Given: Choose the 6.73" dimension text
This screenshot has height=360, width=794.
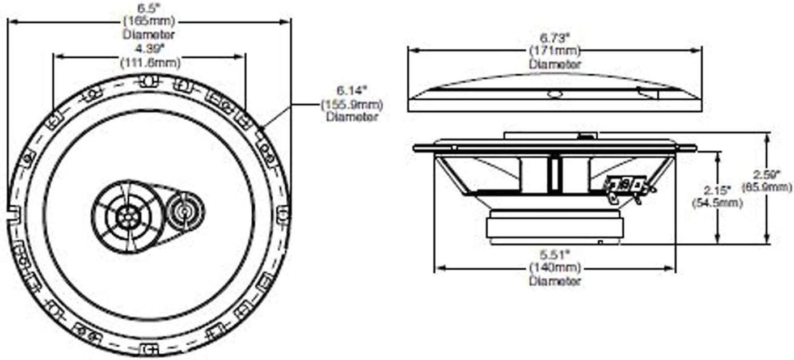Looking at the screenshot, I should tap(555, 38).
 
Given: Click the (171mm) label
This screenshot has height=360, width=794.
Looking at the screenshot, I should tap(555, 51).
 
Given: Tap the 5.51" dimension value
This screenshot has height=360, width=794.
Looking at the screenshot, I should tap(555, 255).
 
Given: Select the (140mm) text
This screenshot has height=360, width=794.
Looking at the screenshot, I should tap(555, 268).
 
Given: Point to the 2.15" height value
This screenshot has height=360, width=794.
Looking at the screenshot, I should tap(716, 189).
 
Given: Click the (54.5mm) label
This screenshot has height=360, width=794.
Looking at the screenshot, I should tap(716, 202).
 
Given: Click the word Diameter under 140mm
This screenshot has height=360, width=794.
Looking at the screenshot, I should tap(555, 281).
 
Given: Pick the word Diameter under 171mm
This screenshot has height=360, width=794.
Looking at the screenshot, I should tap(555, 64).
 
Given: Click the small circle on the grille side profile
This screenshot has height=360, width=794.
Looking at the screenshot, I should tap(555, 95).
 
